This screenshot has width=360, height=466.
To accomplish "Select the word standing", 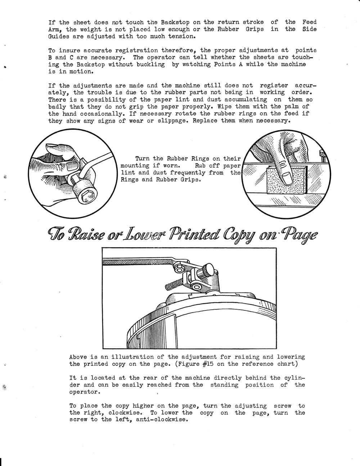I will click(224, 385).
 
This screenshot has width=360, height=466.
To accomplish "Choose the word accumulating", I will click(244, 100).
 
